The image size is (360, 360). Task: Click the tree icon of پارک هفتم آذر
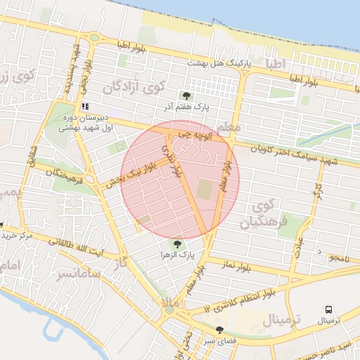click(x=186, y=96)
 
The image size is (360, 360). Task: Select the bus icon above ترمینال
click(x=328, y=309)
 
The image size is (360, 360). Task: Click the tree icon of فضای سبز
click(x=220, y=329)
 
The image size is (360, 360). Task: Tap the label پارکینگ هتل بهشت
click(x=219, y=63)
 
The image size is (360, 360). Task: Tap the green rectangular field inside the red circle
click(x=204, y=189)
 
